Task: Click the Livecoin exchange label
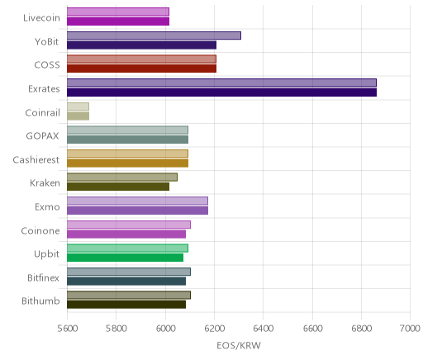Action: pyautogui.click(x=41, y=18)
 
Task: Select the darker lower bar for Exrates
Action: pyautogui.click(x=221, y=92)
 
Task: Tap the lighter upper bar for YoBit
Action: pyautogui.click(x=154, y=36)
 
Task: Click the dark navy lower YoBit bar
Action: pyautogui.click(x=141, y=45)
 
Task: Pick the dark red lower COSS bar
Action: pyautogui.click(x=141, y=69)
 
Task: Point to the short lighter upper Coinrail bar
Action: pyautogui.click(x=78, y=107)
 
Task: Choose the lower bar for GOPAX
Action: pyautogui.click(x=127, y=140)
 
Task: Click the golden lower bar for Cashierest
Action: pyautogui.click(x=127, y=163)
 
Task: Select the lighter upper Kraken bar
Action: pyautogui.click(x=122, y=178)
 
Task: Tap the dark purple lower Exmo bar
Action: pyautogui.click(x=137, y=211)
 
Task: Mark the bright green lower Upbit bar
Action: pyautogui.click(x=125, y=258)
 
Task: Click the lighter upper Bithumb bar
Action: pyautogui.click(x=129, y=296)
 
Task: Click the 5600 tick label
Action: pyautogui.click(x=67, y=329)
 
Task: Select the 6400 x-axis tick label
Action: pyautogui.click(x=263, y=329)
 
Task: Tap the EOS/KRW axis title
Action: pyautogui.click(x=239, y=346)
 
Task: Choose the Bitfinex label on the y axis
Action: pyautogui.click(x=43, y=277)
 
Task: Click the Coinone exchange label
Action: pyautogui.click(x=40, y=230)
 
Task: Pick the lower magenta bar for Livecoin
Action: pyautogui.click(x=118, y=21)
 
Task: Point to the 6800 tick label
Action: pyautogui.click(x=361, y=329)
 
